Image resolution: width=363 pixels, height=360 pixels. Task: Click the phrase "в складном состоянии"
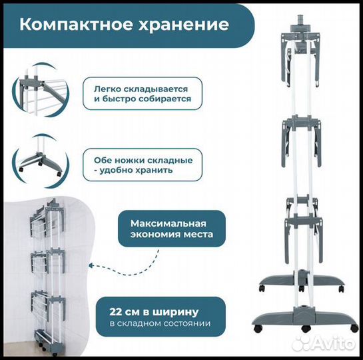point(161,323)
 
